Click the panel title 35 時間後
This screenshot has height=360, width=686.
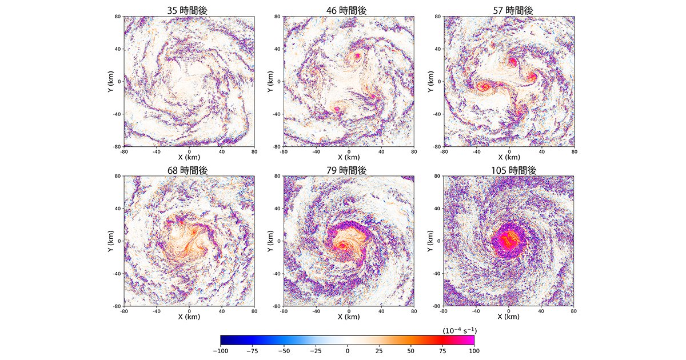pos(189,10)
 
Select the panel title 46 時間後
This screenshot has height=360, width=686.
pos(348,10)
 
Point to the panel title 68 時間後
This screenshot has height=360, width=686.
pos(189,170)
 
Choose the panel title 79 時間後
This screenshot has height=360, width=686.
pos(348,170)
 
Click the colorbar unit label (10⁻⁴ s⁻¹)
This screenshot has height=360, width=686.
pos(460,330)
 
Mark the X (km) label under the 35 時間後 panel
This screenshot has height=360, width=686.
pos(189,157)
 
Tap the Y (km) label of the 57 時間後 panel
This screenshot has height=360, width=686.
pos(429,81)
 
